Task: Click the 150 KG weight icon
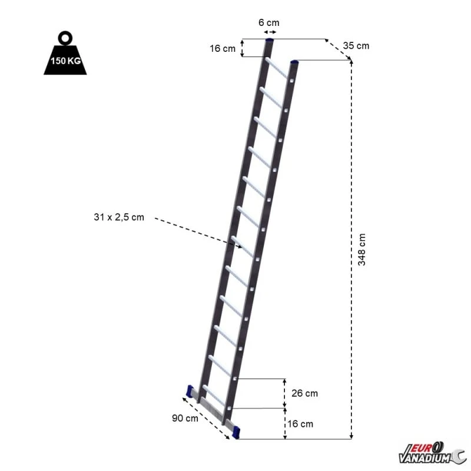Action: tap(65, 59)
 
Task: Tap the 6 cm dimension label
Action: tap(269, 22)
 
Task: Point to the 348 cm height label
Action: tap(362, 250)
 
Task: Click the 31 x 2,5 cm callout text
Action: tap(118, 218)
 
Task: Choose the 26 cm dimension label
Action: tap(304, 393)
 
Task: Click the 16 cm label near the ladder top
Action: tap(222, 48)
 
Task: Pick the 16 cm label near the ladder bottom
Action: tap(301, 423)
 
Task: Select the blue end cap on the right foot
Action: tap(236, 431)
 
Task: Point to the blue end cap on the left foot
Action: tap(190, 391)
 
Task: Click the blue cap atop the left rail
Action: tap(270, 40)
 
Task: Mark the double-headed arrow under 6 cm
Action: tap(270, 32)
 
